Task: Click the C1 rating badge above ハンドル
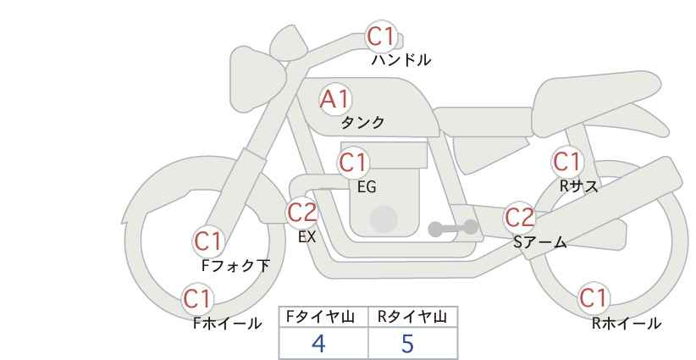coord(380,37)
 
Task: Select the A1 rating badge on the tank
coord(334,99)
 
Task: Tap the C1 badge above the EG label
coord(353,162)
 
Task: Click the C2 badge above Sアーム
coord(519,218)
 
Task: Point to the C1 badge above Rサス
coord(566,161)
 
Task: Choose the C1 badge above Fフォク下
coord(207,241)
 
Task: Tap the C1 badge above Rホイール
coord(593,298)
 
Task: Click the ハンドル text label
coord(401,61)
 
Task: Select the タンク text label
coord(362,123)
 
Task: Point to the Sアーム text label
coord(539,243)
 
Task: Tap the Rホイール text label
coord(627,324)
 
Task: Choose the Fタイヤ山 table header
coord(323,317)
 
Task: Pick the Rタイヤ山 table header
coord(412,317)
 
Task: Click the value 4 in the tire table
coord(318,343)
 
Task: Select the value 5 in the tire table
coord(408,343)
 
